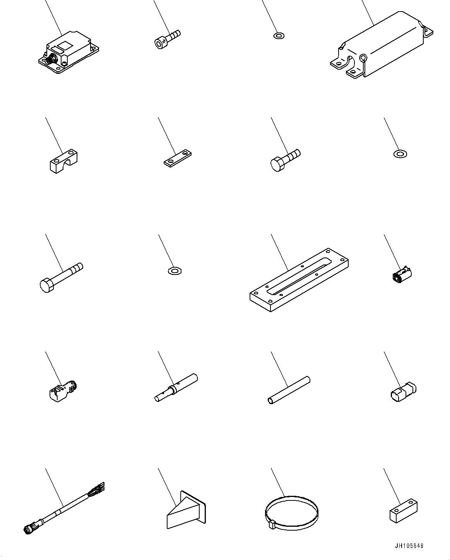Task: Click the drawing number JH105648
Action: coord(409,546)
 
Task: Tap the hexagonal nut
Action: coord(175,270)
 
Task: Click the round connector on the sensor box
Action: coord(50,60)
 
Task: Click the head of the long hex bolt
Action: coord(46,285)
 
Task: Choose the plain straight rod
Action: coord(289,390)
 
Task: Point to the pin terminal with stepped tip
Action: coord(176,389)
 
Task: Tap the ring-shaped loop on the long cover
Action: coord(363,58)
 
